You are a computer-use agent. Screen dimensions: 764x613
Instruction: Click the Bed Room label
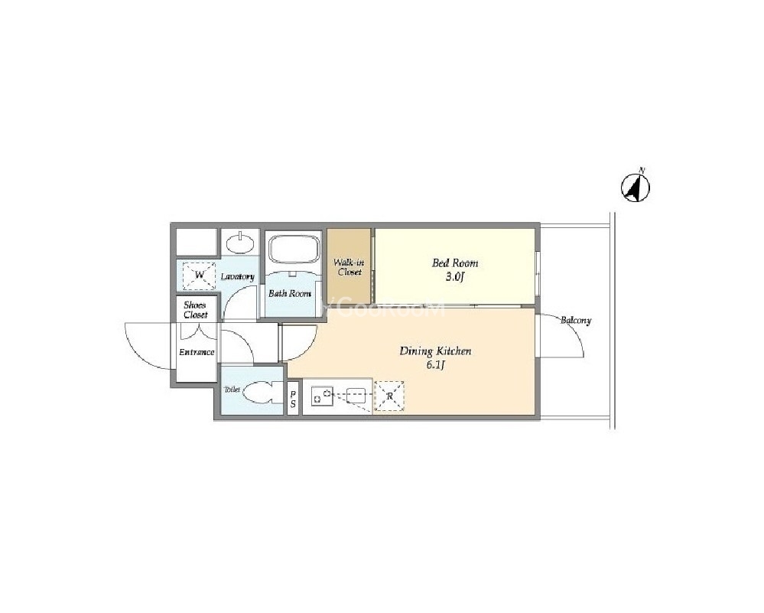pos(455,262)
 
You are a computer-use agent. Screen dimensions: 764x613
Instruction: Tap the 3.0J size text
pos(454,278)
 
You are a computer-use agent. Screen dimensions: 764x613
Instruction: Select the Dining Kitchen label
pos(435,351)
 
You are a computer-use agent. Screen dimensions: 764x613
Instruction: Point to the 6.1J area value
pos(434,365)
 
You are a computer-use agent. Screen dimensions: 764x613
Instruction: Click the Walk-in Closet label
pos(349,267)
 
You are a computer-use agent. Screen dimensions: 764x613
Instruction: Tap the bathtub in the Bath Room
pos(294,250)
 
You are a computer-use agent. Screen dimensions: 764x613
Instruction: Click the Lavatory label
pos(237,276)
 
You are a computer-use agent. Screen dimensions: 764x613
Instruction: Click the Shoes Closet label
pos(195,310)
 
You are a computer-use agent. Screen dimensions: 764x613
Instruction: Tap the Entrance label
pos(197,352)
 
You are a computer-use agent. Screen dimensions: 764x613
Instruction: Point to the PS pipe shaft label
pos(293,399)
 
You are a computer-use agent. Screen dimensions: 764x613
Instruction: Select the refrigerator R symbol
pos(389,396)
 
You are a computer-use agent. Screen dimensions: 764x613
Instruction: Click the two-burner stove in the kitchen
pos(322,396)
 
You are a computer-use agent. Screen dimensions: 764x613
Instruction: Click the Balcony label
pos(575,321)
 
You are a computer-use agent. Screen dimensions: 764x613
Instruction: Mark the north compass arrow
pos(636,187)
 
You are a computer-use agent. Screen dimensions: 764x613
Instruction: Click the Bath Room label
pos(290,294)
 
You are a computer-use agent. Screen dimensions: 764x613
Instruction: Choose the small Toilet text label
pos(232,390)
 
